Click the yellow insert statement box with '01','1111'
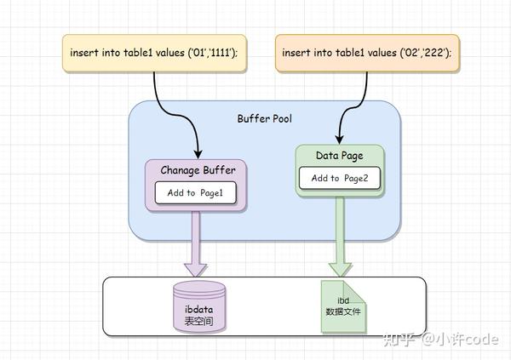[154, 53]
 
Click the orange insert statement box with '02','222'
[367, 53]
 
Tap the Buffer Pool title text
[264, 118]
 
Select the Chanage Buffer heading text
[198, 170]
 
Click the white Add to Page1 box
[196, 193]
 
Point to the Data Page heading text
[339, 156]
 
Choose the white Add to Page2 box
[340, 178]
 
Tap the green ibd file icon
[343, 306]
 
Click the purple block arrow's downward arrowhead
[196, 270]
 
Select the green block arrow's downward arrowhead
[340, 270]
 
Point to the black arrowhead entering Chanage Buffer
[198, 154]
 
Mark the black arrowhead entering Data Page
[339, 140]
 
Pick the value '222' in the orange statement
[433, 53]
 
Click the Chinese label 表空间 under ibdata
[198, 321]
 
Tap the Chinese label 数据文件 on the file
[343, 311]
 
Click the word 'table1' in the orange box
[350, 53]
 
